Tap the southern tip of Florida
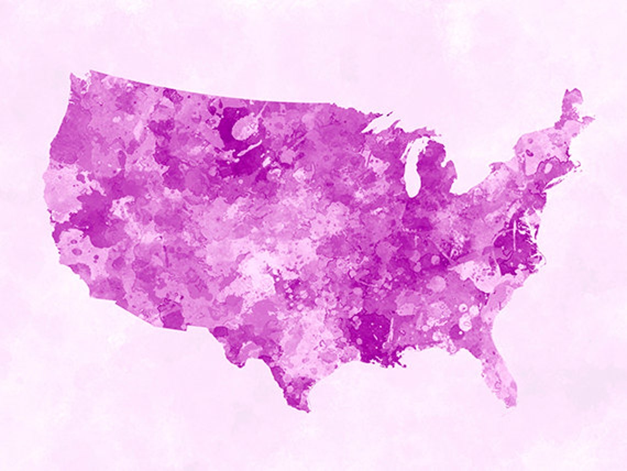[512, 404]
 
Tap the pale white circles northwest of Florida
[465, 319]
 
